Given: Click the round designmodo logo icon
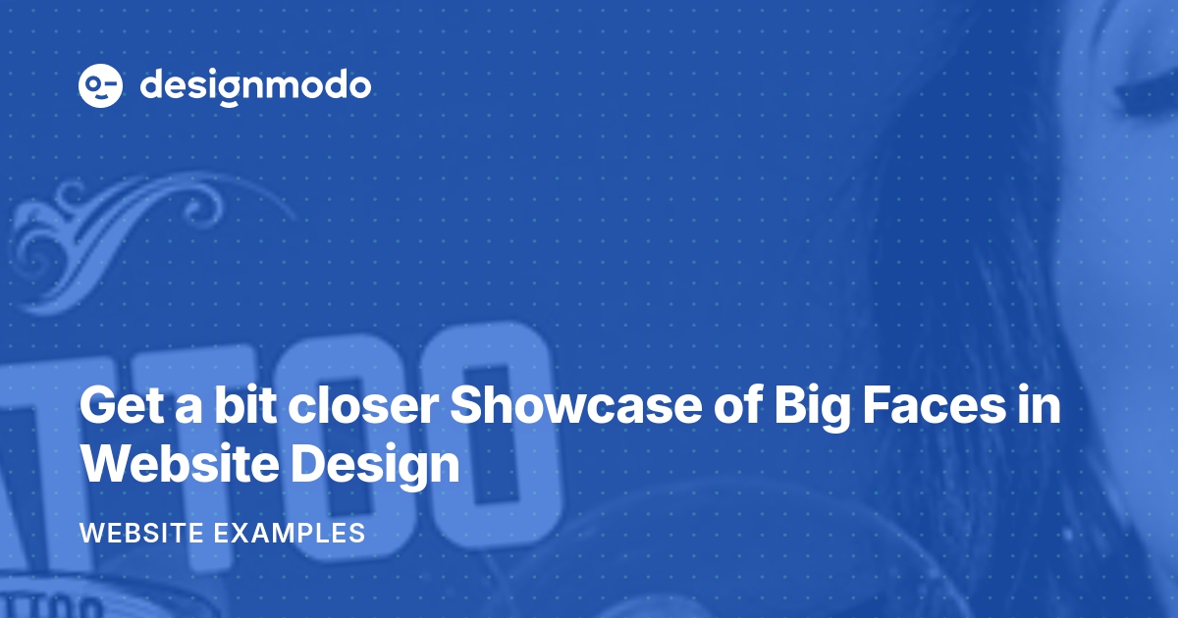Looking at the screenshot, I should [101, 85].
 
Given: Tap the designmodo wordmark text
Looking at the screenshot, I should [255, 86].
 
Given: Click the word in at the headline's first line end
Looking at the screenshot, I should [1041, 406].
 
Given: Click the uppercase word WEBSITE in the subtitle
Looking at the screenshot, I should [141, 534].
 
